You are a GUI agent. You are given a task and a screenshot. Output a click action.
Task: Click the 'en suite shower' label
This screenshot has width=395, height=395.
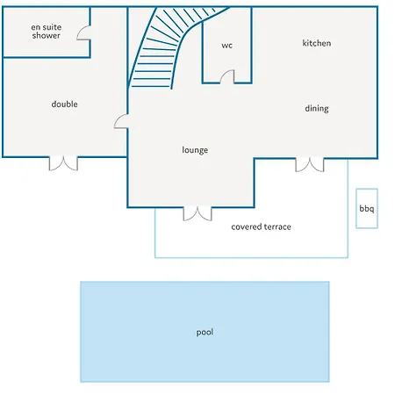click(47, 32)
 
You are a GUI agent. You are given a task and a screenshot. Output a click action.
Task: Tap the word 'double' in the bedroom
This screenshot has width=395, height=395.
click(64, 104)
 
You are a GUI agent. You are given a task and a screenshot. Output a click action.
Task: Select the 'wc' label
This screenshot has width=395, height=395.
click(227, 46)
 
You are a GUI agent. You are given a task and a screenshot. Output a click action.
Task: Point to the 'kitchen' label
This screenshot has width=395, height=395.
click(317, 43)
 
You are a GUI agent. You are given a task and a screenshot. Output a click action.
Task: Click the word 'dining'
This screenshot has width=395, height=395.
click(317, 109)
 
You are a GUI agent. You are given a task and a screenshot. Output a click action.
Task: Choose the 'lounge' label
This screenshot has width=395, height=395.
click(195, 150)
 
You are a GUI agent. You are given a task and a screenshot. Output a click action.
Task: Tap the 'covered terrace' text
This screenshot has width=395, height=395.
click(261, 226)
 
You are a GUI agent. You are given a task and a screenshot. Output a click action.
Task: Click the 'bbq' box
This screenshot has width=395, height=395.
click(367, 208)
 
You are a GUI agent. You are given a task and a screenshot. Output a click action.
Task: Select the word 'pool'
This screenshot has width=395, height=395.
click(205, 333)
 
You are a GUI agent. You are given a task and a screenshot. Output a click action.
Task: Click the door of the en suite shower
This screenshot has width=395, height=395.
click(84, 32)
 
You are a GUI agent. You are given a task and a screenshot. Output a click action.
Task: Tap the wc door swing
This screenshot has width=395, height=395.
click(227, 76)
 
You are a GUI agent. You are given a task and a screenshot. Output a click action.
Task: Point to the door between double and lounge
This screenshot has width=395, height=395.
click(121, 121)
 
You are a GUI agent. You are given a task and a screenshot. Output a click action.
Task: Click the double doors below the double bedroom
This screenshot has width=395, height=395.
click(63, 163)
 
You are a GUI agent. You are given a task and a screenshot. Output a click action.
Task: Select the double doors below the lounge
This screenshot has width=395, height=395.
click(197, 213)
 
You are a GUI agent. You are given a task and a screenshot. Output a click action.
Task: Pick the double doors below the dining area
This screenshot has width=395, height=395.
click(310, 165)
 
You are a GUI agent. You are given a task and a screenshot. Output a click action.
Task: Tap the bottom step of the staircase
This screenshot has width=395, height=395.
click(151, 86)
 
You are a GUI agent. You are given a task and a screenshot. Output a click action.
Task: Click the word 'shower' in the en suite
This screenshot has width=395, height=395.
click(47, 35)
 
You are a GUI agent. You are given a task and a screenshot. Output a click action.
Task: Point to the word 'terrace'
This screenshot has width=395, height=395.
click(277, 226)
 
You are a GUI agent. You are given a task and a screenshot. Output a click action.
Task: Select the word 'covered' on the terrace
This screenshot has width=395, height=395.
click(246, 226)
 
